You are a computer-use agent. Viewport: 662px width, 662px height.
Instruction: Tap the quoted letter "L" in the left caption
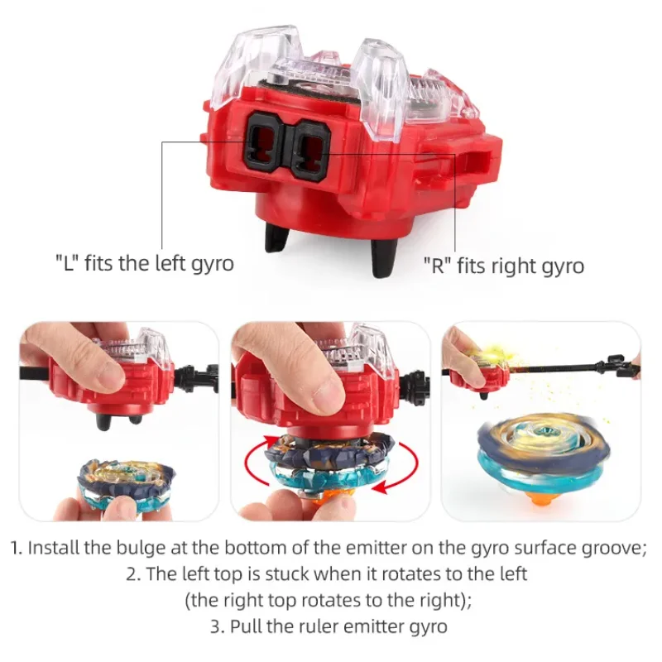(x=66, y=264)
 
